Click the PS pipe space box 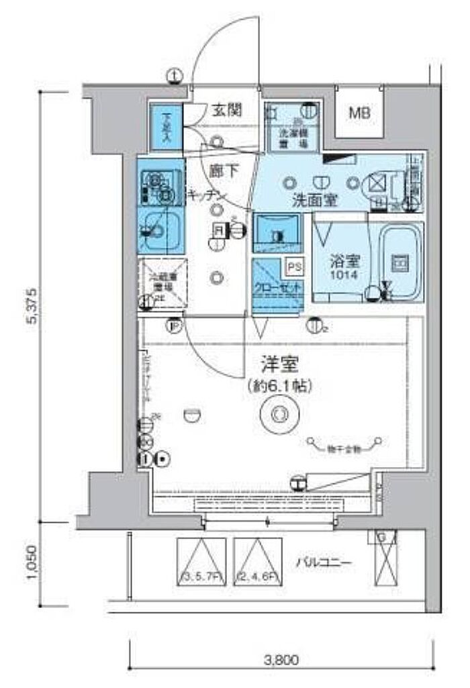pos(295,266)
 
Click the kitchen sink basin pos(160,230)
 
